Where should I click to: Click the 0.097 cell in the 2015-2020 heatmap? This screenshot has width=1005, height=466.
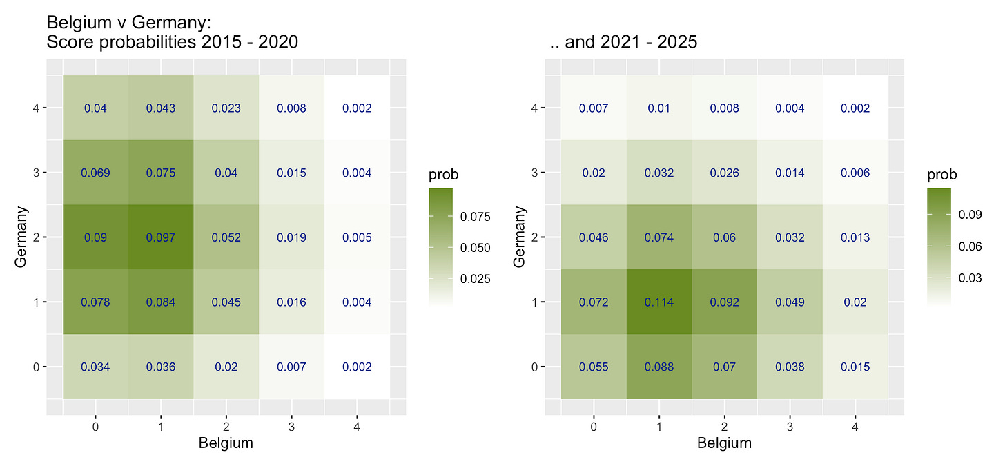161,237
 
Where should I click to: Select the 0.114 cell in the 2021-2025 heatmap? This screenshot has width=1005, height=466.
659,302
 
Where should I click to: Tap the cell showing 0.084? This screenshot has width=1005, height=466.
161,302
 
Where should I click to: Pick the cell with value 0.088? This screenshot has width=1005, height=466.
659,367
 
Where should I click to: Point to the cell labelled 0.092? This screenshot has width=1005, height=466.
725,302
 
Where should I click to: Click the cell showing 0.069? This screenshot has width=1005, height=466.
95,173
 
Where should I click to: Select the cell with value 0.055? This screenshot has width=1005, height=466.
594,367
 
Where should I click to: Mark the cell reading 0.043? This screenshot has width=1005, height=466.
161,108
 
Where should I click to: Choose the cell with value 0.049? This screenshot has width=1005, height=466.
790,302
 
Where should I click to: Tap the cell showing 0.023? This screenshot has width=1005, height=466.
226,108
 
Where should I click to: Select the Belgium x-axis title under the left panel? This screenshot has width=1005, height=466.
226,443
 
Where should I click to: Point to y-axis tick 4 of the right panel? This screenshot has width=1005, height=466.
536,108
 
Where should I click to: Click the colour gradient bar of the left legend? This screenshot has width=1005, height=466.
440,246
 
